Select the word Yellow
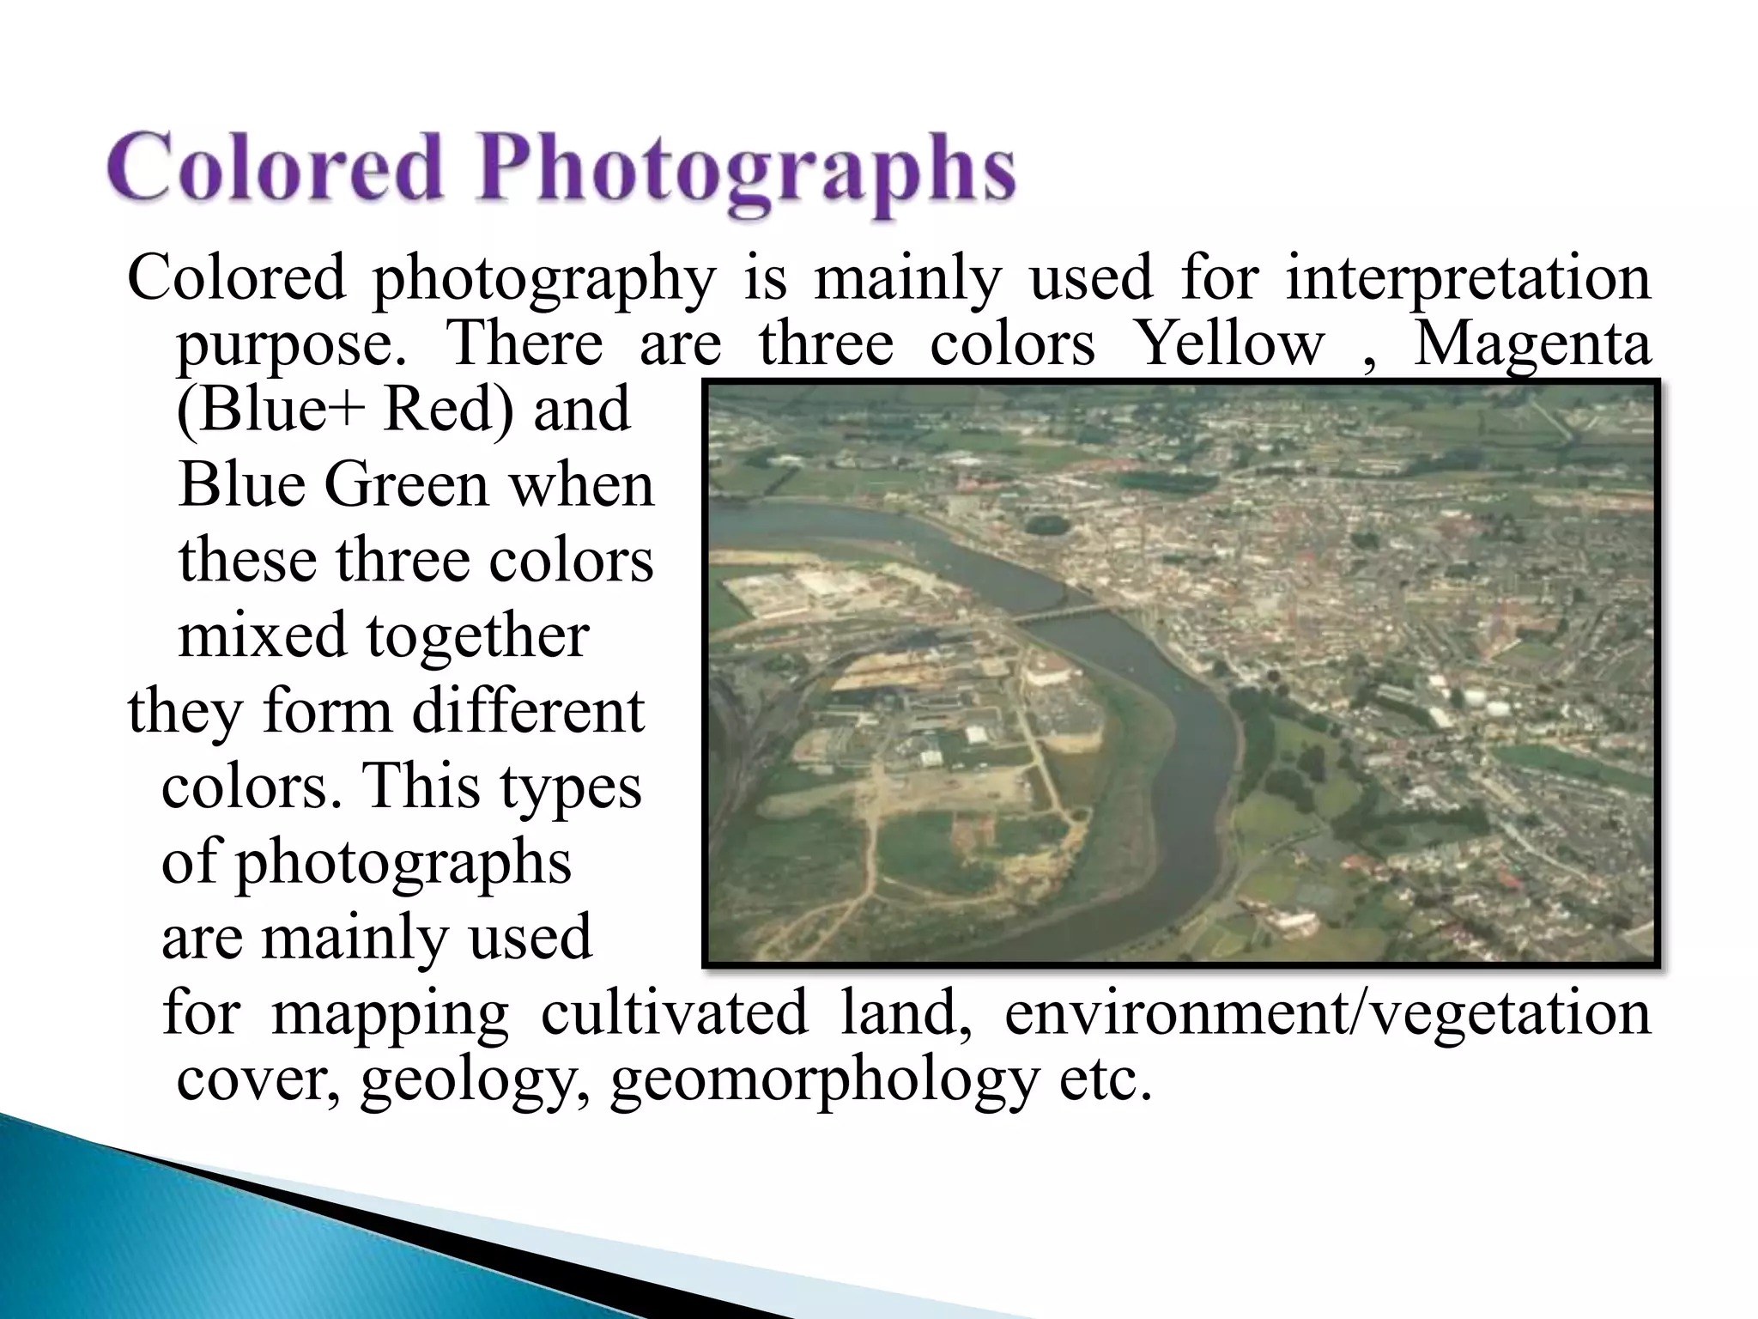coord(1229,343)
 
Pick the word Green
coord(407,486)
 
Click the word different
coord(527,711)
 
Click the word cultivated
coord(675,1012)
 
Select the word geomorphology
coord(824,1082)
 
